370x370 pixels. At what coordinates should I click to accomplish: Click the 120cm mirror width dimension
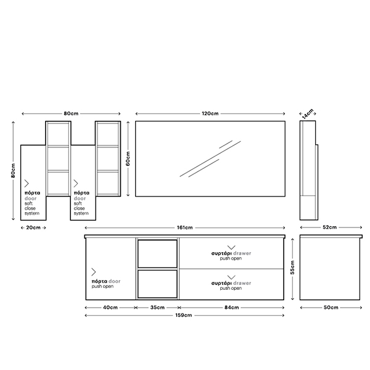click(210, 113)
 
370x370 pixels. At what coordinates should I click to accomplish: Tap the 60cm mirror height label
click(128, 159)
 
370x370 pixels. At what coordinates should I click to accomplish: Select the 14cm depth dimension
click(308, 113)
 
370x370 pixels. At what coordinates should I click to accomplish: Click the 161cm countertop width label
click(185, 228)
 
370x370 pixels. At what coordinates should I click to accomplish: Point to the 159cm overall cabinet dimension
click(184, 315)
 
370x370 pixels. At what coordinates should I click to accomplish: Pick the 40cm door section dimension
click(110, 308)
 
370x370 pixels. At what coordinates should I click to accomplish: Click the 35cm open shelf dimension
click(157, 308)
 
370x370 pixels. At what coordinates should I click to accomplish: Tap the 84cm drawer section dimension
click(231, 308)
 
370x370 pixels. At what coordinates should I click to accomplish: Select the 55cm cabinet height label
click(292, 268)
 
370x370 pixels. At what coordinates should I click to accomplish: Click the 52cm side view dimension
click(330, 227)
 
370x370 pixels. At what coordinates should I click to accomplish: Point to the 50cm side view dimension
click(331, 308)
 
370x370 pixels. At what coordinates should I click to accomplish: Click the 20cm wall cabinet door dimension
click(33, 228)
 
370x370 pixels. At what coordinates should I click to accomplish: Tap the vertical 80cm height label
click(13, 171)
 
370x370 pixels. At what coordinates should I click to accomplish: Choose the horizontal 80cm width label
click(71, 113)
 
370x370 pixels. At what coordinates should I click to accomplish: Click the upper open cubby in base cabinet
click(157, 253)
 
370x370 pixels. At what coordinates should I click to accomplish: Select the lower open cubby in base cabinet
click(157, 284)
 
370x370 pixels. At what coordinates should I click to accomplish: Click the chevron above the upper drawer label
click(231, 247)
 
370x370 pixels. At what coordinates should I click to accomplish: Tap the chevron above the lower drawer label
click(231, 277)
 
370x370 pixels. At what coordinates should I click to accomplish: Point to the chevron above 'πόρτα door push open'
click(94, 272)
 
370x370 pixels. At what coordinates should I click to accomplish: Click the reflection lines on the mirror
click(210, 158)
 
